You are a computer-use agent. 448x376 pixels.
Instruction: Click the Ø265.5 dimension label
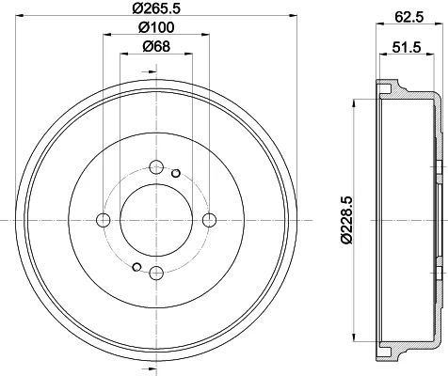pos(156,8)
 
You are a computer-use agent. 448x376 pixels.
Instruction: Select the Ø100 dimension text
pos(156,27)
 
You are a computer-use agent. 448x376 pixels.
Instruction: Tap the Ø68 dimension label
pos(156,47)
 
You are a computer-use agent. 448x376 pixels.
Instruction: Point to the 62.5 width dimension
pos(409,17)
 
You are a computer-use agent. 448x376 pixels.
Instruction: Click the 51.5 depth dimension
pos(407,47)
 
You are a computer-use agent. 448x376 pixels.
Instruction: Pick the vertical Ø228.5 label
pos(347,220)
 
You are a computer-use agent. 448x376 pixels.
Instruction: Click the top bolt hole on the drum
pos(156,167)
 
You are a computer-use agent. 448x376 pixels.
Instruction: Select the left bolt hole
pos(103,220)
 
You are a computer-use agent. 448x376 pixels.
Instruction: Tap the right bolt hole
pos(209,220)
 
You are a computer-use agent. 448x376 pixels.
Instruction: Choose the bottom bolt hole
pos(156,274)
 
